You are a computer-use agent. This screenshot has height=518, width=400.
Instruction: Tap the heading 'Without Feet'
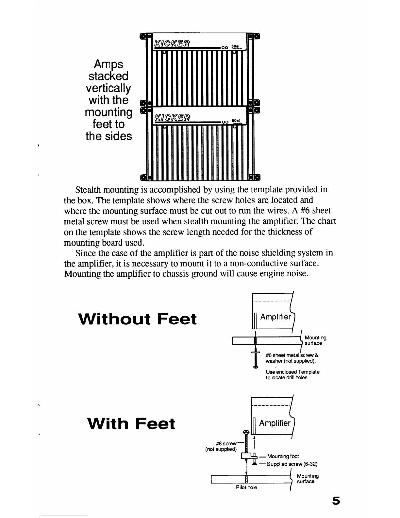coord(138,319)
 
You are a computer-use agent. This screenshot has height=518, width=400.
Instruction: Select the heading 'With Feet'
coord(131,423)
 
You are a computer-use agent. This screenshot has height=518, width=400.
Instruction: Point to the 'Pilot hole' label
coord(246,487)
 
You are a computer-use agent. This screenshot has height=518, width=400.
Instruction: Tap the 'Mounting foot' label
coord(283,456)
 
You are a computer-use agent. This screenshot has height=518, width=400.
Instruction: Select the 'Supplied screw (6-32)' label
coord(292,464)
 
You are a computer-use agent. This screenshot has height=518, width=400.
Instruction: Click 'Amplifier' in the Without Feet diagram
coord(275,317)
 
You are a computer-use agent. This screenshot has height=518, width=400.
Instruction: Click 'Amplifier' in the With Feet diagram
coord(275,423)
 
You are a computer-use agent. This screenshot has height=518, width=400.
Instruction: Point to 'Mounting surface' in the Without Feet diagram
coord(315,340)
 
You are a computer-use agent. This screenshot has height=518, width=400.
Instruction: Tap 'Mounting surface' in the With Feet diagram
coord(308,479)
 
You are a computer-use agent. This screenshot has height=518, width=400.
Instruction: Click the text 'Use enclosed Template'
coord(292,372)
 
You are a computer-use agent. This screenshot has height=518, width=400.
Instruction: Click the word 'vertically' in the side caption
coord(108,88)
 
